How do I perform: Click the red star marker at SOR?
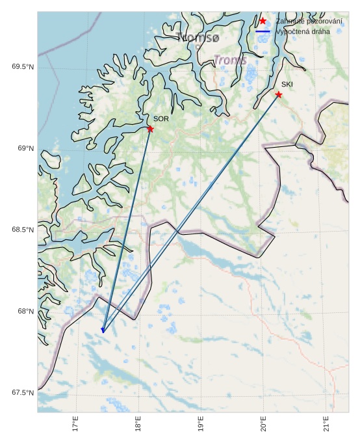click(x=150, y=129)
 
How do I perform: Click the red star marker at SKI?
click(x=279, y=94)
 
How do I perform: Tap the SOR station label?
click(x=161, y=119)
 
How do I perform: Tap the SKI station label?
click(x=287, y=85)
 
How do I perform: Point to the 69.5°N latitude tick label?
click(x=23, y=67)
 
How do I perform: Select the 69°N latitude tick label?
click(x=25, y=148)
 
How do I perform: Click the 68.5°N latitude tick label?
click(x=23, y=230)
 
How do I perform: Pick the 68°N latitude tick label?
click(x=25, y=311)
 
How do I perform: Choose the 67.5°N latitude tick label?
click(x=23, y=392)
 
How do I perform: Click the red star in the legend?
click(x=263, y=21)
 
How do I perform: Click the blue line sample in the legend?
click(x=263, y=31)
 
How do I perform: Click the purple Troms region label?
click(x=230, y=60)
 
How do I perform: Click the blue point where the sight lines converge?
click(x=103, y=330)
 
